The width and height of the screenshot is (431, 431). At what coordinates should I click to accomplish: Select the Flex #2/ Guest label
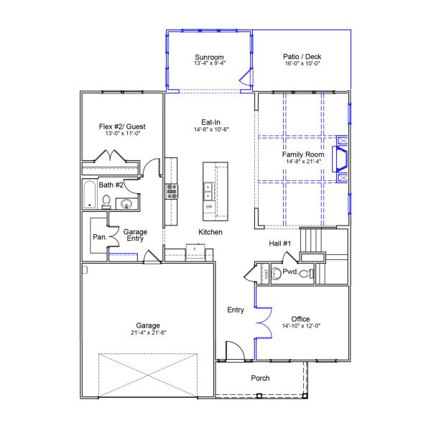point(121,126)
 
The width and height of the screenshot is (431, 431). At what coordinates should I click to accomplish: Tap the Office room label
point(300,319)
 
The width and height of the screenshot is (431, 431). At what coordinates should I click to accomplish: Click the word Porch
point(260,379)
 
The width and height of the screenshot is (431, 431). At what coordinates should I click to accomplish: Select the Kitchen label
point(210,232)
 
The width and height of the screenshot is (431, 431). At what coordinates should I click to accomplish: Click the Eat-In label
point(210,121)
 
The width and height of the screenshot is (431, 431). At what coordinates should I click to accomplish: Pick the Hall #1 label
point(279,244)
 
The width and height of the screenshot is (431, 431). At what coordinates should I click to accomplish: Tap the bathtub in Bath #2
point(90,195)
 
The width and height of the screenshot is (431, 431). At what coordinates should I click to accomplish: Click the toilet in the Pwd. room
point(305,274)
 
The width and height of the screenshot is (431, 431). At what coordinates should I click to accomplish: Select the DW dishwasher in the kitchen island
point(209,207)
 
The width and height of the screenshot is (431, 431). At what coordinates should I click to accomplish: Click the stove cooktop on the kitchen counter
point(172,190)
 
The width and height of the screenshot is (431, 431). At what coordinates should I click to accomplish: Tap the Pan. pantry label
point(99,237)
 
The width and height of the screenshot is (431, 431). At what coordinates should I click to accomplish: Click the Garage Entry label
point(135,235)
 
